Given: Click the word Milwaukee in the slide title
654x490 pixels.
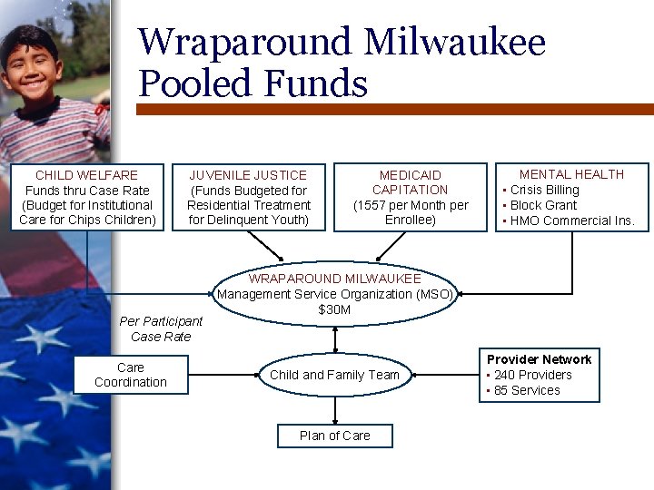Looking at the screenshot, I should (455, 42).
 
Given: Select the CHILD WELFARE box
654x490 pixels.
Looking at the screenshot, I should (87, 197).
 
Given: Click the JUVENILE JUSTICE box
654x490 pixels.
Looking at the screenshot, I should (248, 197).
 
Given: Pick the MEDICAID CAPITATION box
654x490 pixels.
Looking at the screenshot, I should (411, 197).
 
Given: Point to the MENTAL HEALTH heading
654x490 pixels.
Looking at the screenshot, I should (571, 174).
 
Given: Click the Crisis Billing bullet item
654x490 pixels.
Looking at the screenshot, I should (544, 190).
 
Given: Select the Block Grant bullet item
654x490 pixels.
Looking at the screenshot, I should (543, 205).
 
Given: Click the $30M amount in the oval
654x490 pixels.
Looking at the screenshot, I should (334, 310).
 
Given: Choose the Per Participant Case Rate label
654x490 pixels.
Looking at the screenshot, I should (161, 328).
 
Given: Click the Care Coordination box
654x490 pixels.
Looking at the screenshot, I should (131, 375).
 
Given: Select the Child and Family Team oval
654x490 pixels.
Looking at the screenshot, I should (334, 375).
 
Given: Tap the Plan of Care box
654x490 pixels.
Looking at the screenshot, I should (335, 436).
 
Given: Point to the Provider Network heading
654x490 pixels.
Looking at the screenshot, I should (539, 359).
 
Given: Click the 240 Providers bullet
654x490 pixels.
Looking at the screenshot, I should (532, 375).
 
